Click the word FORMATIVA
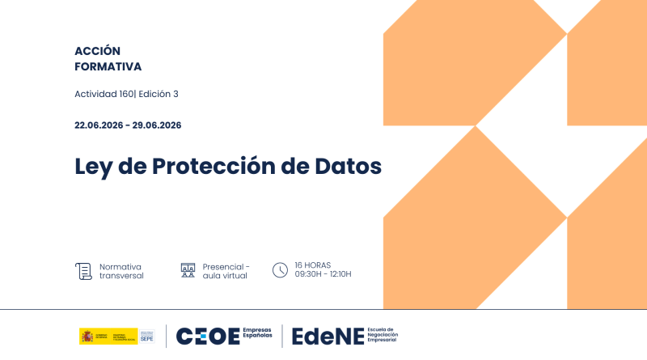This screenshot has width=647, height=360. [x=108, y=66]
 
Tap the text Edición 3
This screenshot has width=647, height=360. [x=159, y=94]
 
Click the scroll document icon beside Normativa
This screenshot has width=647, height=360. [x=83, y=271]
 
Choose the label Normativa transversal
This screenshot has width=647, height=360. [x=121, y=271]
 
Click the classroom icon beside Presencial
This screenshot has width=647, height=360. [x=188, y=271]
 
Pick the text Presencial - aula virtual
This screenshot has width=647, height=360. [x=226, y=271]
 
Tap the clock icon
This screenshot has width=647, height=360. [x=280, y=270]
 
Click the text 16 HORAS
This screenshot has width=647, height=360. [x=312, y=265]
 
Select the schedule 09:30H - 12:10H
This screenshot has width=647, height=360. [x=323, y=275]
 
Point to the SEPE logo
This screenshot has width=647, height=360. [x=146, y=337]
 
